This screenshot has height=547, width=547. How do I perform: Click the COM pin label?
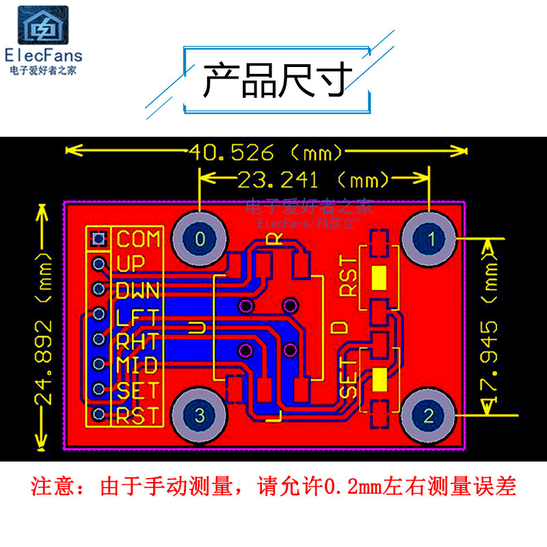pyautogui.click(x=139, y=239)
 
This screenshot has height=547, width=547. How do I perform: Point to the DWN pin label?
pyautogui.click(x=137, y=289)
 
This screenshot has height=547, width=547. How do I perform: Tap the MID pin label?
pyautogui.click(x=137, y=364)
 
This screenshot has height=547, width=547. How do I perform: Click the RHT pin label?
pyautogui.click(x=137, y=340)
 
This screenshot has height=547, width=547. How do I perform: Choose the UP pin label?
pyautogui.click(x=131, y=264)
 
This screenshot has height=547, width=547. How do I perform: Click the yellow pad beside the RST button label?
pyautogui.click(x=378, y=278)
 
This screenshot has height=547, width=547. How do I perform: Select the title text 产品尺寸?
pyautogui.click(x=278, y=80)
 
